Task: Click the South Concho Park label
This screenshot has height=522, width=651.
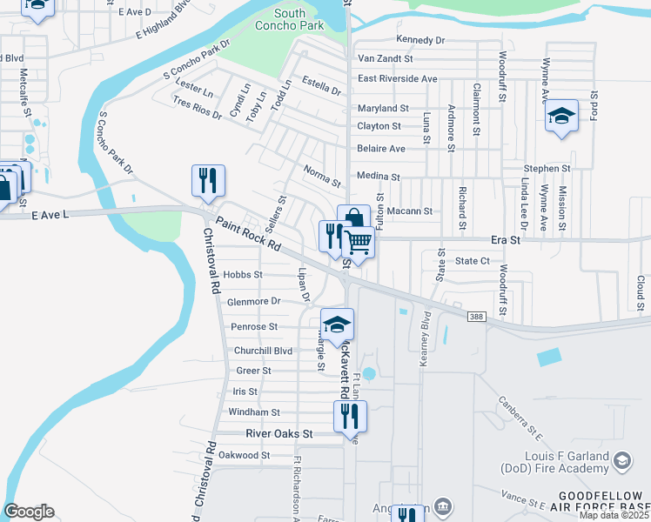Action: coord(290,19)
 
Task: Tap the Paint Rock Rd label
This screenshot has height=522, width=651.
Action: coord(249,234)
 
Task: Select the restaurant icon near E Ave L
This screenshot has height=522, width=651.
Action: coord(208,180)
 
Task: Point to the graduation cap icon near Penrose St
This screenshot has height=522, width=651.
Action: coord(337,325)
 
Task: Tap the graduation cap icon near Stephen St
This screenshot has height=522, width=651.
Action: coord(561,117)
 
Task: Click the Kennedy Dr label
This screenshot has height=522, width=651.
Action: coord(419,40)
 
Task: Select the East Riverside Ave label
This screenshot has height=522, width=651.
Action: coord(398,78)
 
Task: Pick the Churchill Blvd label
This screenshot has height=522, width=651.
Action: coord(264,351)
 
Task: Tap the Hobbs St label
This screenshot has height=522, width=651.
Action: coord(243,274)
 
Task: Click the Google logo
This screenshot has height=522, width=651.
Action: coord(29,512)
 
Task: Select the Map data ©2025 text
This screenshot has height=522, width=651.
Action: coord(614,515)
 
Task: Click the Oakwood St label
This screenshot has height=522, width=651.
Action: coord(244,455)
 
